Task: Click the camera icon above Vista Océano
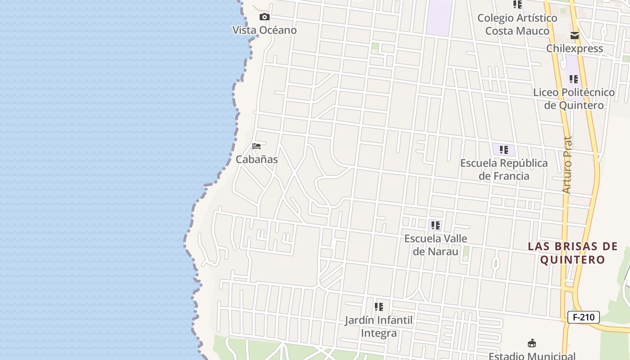(265, 17)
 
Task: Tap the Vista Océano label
(265, 30)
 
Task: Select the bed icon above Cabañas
(256, 146)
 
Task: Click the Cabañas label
(257, 159)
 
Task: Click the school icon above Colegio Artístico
(517, 4)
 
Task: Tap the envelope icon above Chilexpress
(574, 36)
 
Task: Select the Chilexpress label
(575, 49)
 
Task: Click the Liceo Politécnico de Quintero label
(574, 99)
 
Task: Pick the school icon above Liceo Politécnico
(574, 79)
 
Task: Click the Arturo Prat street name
(567, 165)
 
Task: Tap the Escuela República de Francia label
(504, 169)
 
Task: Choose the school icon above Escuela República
(504, 150)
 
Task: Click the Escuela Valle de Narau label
(436, 245)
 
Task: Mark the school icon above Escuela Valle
(435, 225)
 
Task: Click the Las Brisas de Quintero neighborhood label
(573, 253)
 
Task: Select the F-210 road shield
(584, 317)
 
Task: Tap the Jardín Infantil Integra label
(379, 327)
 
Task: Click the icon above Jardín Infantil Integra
(379, 307)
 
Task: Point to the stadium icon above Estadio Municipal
(531, 343)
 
